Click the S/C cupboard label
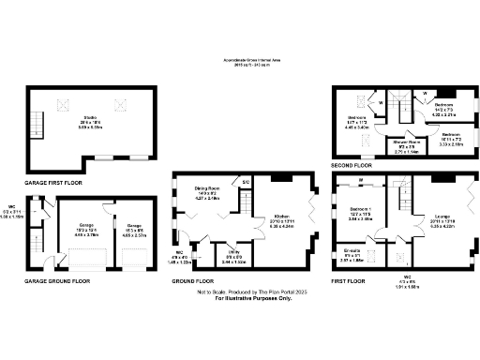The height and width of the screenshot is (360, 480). point(246,181)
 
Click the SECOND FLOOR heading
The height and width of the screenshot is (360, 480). point(352,165)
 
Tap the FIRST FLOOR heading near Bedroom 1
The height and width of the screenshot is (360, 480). point(348,279)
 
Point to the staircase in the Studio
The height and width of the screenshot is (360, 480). point(38,123)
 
